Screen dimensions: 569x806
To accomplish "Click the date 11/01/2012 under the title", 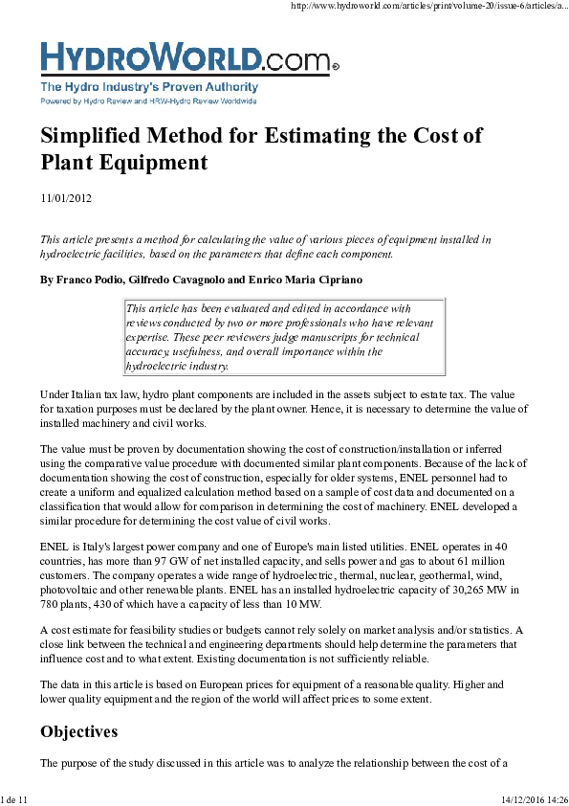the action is pyautogui.click(x=65, y=198).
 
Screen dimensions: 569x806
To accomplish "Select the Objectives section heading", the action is pyautogui.click(x=78, y=732).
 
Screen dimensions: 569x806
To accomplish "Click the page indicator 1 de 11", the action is pyautogui.click(x=15, y=798).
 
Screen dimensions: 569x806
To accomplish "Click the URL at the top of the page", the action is pyautogui.click(x=427, y=6).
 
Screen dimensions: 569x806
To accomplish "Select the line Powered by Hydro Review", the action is pyautogui.click(x=148, y=100).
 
